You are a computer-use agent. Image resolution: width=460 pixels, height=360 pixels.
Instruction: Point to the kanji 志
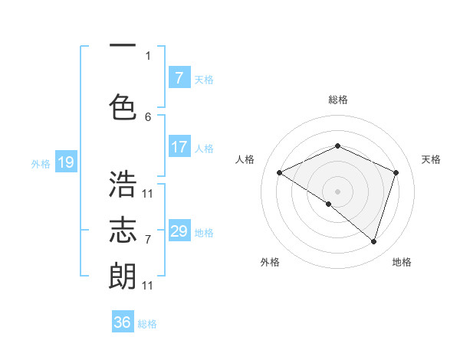pyautogui.click(x=123, y=230)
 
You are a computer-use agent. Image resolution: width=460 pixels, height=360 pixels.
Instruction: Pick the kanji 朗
pyautogui.click(x=123, y=275)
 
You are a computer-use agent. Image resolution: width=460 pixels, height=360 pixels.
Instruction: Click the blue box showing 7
pyautogui.click(x=179, y=78)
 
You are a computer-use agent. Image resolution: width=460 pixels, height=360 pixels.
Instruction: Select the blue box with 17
pyautogui.click(x=179, y=147)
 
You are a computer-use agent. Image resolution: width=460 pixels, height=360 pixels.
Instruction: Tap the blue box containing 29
pyautogui.click(x=179, y=231)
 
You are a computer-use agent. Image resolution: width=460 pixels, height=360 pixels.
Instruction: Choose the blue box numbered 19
pyautogui.click(x=65, y=162)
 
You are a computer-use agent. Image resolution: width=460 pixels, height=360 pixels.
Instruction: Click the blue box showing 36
pyautogui.click(x=123, y=322)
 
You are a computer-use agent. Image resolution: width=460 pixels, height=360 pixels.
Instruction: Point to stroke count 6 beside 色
pyautogui.click(x=148, y=117)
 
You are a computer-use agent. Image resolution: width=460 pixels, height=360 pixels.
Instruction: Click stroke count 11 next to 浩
pyautogui.click(x=148, y=193)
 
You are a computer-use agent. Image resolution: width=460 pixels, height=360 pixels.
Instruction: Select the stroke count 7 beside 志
pyautogui.click(x=148, y=239)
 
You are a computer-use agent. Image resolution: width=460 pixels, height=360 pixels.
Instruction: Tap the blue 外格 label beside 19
pyautogui.click(x=41, y=163)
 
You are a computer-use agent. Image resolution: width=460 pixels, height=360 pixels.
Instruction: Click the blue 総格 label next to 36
pyautogui.click(x=147, y=323)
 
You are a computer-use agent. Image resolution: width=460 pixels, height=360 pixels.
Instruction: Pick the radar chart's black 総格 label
pyautogui.click(x=337, y=100)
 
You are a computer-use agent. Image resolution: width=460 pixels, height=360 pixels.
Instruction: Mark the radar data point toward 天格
pyautogui.click(x=396, y=172)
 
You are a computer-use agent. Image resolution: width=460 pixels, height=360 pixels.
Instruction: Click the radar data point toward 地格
pyautogui.click(x=373, y=241)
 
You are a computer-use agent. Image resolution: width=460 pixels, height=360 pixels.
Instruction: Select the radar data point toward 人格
pyautogui.click(x=280, y=173)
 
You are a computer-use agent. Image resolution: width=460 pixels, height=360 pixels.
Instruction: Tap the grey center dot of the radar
pyautogui.click(x=337, y=191)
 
